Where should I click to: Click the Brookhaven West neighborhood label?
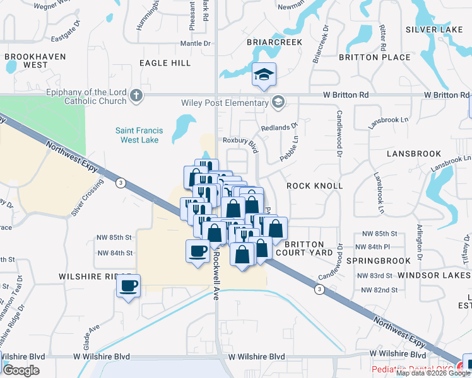27,60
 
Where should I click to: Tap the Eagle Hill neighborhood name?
165,63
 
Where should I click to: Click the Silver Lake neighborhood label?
434,30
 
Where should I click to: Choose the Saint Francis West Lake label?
139,135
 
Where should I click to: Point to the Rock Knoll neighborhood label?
315,186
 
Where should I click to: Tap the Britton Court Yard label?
309,248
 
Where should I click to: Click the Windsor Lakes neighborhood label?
441,276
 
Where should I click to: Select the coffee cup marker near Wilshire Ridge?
129,286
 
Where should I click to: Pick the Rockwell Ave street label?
215,265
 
